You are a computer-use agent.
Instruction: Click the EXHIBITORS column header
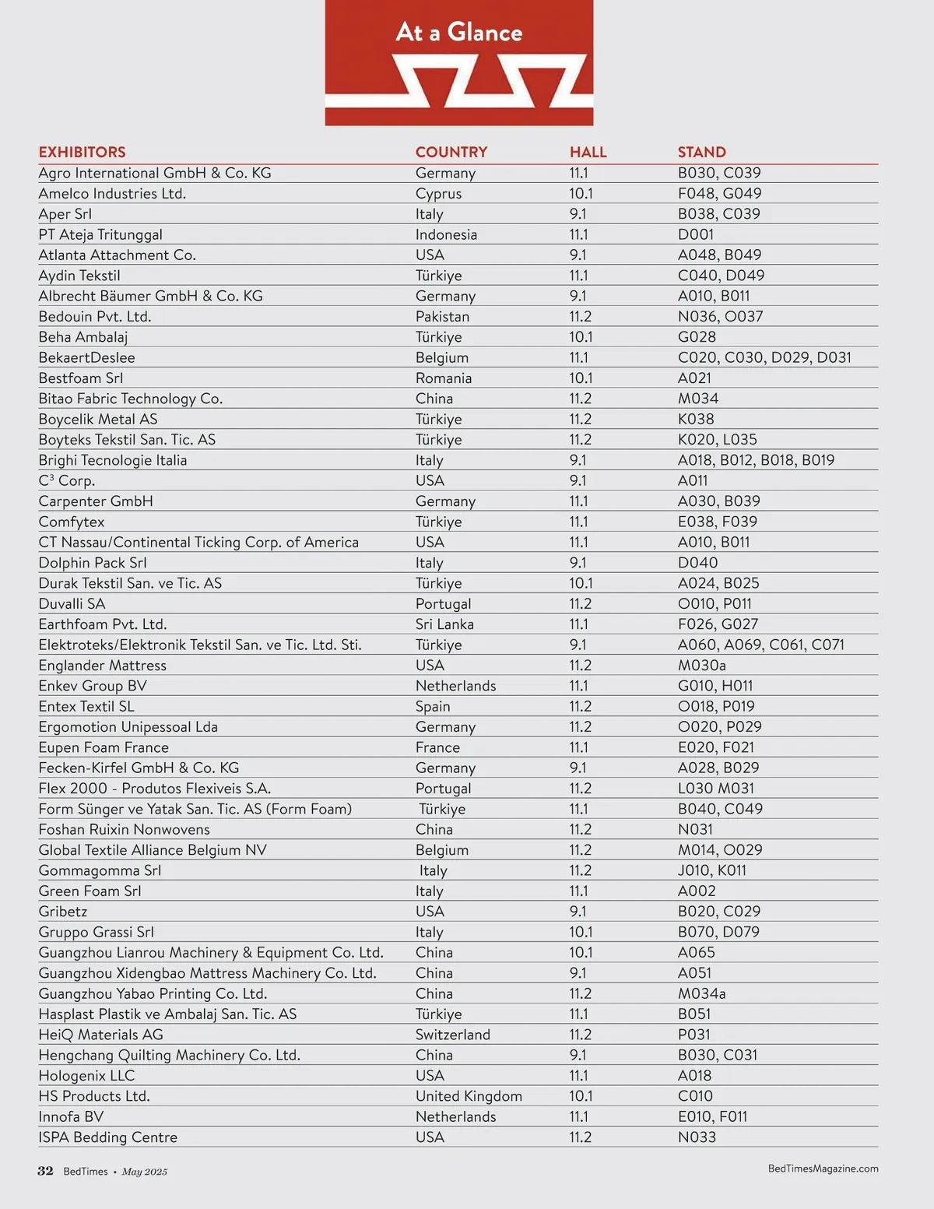pyautogui.click(x=82, y=152)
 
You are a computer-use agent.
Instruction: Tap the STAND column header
pyautogui.click(x=701, y=152)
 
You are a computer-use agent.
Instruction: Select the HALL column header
pyautogui.click(x=588, y=152)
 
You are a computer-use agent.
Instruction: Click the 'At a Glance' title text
pyautogui.click(x=458, y=32)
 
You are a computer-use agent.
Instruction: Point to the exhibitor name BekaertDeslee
pyautogui.click(x=86, y=357)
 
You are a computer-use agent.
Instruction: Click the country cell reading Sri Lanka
pyautogui.click(x=444, y=624)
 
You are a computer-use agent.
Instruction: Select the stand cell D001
pyautogui.click(x=695, y=234)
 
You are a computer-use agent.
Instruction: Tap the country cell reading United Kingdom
pyautogui.click(x=469, y=1096)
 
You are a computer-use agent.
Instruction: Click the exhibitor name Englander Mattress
pyautogui.click(x=102, y=666)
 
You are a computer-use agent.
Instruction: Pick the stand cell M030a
pyautogui.click(x=701, y=666)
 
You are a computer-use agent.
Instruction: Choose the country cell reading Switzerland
pyautogui.click(x=452, y=1035)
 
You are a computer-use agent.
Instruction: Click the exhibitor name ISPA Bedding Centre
pyautogui.click(x=107, y=1137)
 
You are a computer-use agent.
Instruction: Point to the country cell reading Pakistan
pyautogui.click(x=442, y=317)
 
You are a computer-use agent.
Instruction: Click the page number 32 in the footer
pyautogui.click(x=45, y=1172)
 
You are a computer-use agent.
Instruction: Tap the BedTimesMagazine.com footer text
pyautogui.click(x=823, y=1169)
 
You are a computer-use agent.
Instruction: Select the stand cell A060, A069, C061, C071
pyautogui.click(x=760, y=645)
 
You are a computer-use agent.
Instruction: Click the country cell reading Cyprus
pyautogui.click(x=438, y=194)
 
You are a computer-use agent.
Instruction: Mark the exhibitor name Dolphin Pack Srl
pyautogui.click(x=92, y=563)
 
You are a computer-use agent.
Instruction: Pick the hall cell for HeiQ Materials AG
pyautogui.click(x=580, y=1035)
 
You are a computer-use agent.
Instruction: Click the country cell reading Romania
pyautogui.click(x=443, y=378)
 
